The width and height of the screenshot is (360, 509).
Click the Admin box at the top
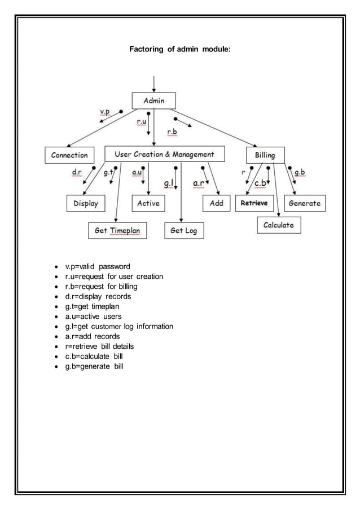(x=153, y=101)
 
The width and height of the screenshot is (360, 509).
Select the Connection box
(x=69, y=155)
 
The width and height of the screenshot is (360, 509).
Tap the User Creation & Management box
(x=164, y=154)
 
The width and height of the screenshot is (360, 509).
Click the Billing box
(x=265, y=155)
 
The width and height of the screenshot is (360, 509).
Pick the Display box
(x=86, y=203)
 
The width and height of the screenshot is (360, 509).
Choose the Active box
(x=148, y=203)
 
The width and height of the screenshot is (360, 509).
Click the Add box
(x=217, y=203)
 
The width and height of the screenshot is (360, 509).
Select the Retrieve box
(x=254, y=203)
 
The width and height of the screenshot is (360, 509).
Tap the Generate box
(x=305, y=203)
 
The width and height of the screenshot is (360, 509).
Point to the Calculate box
(x=279, y=225)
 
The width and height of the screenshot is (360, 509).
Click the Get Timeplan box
(x=117, y=230)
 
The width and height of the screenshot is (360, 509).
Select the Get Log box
(x=183, y=230)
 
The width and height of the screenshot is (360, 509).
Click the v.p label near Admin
(x=105, y=112)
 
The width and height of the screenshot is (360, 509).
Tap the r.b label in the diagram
(x=172, y=132)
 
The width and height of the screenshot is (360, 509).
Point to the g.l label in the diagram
(x=169, y=183)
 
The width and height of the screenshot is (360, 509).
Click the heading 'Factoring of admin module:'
(x=179, y=50)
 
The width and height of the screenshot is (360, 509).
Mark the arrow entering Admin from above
(x=153, y=84)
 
